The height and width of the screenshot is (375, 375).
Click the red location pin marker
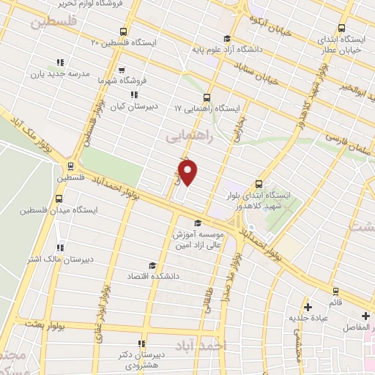click(x=188, y=173)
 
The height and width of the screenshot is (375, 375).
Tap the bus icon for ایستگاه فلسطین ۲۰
click(x=122, y=32)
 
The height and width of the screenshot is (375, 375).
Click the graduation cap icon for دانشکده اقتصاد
click(x=152, y=265)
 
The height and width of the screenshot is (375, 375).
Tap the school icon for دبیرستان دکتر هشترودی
click(x=141, y=343)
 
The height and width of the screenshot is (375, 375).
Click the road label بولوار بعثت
click(x=44, y=324)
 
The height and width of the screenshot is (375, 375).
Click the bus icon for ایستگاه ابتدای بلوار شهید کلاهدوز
click(x=259, y=185)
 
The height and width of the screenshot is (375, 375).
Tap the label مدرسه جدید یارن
click(x=53, y=74)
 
